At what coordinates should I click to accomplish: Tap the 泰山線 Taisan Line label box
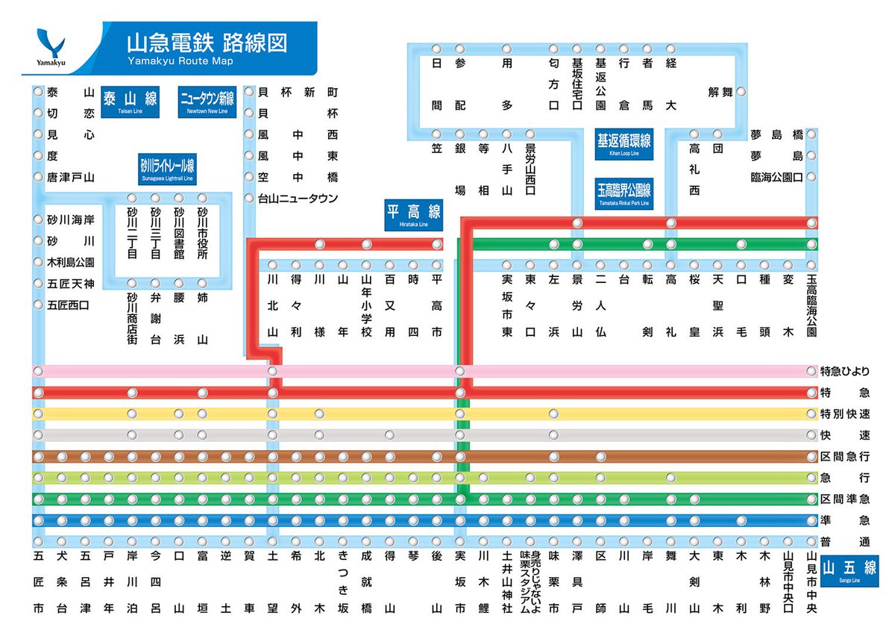[x=130, y=101]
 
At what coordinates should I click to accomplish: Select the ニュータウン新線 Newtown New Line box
[x=207, y=101]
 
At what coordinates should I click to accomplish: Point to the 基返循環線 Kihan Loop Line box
[x=624, y=145]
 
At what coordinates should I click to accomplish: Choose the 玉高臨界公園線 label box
[x=624, y=193]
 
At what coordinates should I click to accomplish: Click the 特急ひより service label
[x=845, y=371]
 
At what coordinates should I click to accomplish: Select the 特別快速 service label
[x=845, y=414]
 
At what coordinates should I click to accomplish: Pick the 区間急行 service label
[x=845, y=456]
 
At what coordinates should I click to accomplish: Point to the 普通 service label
[x=845, y=542]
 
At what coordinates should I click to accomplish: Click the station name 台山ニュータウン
[x=298, y=199]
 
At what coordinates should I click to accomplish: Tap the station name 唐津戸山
[x=71, y=178]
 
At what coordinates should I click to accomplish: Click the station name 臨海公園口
[x=776, y=178]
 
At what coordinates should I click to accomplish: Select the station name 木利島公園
[x=71, y=263]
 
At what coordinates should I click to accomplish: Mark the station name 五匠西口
[x=68, y=305]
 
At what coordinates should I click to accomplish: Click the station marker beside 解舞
[x=741, y=92]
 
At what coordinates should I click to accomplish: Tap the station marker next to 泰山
[x=38, y=92]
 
